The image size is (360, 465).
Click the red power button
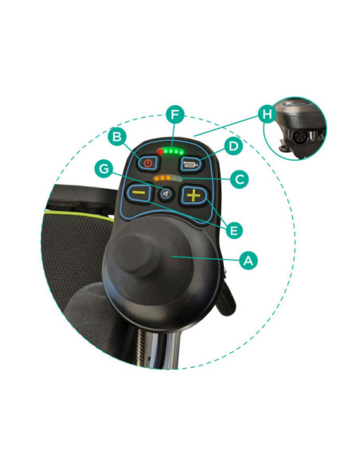tap(147, 163)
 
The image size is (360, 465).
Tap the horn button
tap(190, 164)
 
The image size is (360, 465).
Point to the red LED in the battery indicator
tap(160, 152)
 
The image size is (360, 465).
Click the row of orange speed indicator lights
tap(162, 178)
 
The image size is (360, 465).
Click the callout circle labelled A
tap(248, 260)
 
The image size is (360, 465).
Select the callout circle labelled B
tap(117, 137)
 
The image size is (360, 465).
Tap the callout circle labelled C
tap(239, 179)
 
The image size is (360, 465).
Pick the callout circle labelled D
tap(233, 146)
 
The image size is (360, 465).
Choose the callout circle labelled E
tap(234, 230)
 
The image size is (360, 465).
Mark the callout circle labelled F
tap(175, 115)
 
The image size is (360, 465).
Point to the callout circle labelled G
tap(104, 169)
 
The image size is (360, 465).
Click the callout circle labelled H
tap(267, 114)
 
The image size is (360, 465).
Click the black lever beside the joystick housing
tap(226, 300)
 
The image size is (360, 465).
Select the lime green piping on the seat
tap(80, 215)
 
